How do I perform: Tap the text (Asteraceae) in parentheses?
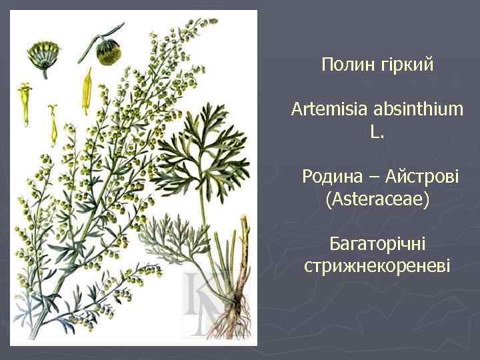[x=377, y=199]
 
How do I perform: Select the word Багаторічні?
[x=377, y=243]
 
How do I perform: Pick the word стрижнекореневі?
[x=377, y=266]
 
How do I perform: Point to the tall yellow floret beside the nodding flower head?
[x=86, y=91]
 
